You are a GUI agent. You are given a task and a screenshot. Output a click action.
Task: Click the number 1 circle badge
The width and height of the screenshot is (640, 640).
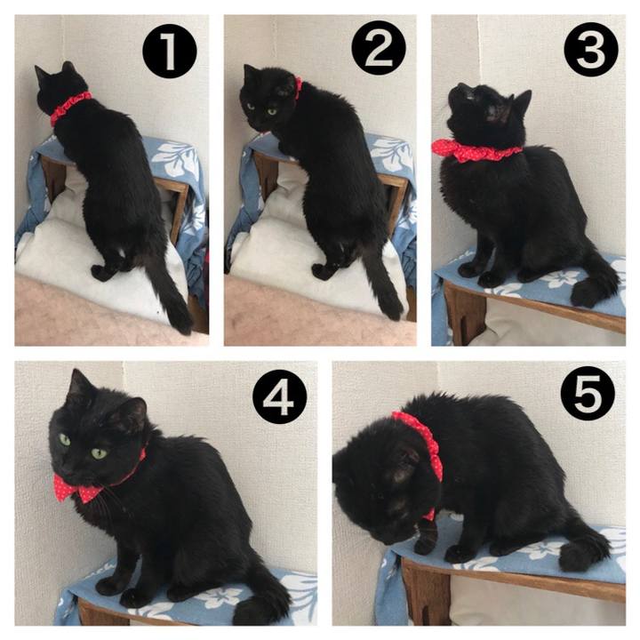tap(170, 51)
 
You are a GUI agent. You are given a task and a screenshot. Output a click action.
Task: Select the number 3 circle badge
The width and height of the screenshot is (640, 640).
tap(590, 50)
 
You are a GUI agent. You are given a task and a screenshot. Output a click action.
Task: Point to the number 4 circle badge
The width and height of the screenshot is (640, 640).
tap(280, 396)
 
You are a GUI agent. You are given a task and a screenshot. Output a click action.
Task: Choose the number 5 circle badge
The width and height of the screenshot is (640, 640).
tap(588, 394)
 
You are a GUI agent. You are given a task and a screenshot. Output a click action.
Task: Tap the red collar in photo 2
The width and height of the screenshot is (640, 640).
tap(299, 88)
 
